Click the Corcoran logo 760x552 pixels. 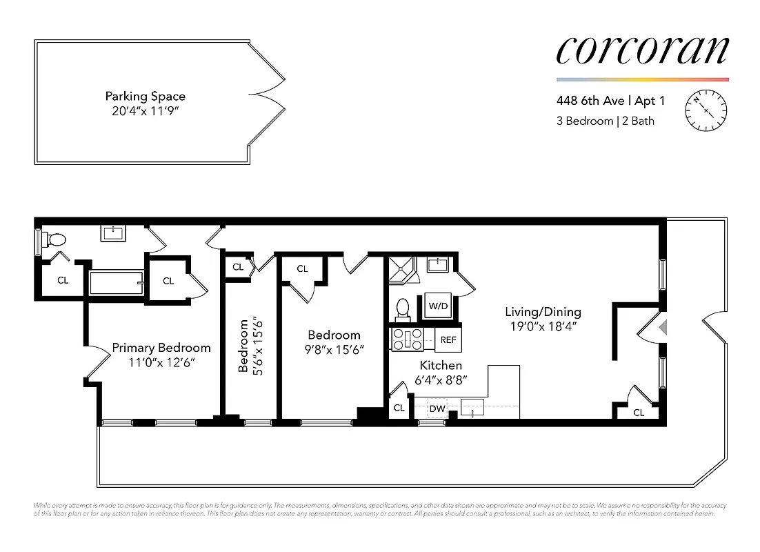click(642, 50)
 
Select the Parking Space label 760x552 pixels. click(145, 97)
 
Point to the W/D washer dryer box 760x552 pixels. click(437, 305)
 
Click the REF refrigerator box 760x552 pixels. click(448, 339)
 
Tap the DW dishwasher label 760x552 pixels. click(437, 408)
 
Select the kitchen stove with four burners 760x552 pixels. click(407, 339)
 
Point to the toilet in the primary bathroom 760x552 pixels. click(54, 240)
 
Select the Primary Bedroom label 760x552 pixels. click(161, 348)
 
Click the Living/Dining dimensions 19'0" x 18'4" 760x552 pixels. click(542, 327)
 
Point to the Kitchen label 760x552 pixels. click(441, 365)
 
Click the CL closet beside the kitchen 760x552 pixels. click(399, 408)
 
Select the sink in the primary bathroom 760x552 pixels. click(113, 233)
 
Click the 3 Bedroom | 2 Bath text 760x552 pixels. click(605, 121)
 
